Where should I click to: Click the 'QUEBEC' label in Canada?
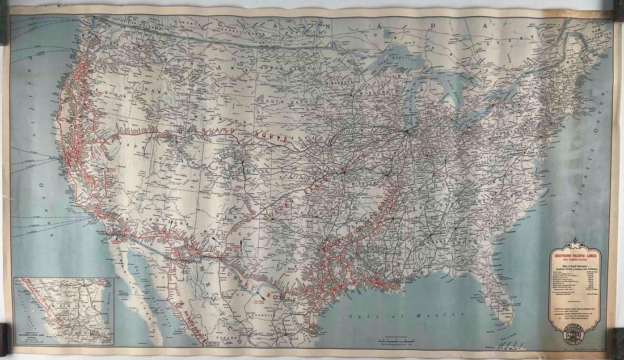530,35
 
